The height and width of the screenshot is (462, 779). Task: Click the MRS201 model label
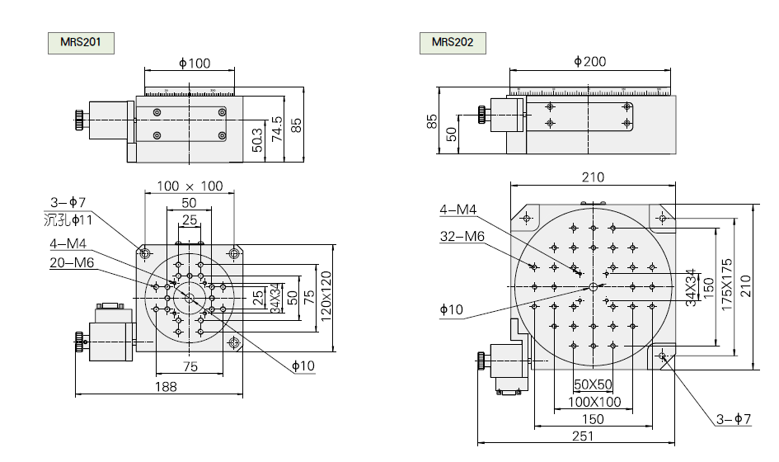(80, 42)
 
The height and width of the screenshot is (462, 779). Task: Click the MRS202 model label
(452, 42)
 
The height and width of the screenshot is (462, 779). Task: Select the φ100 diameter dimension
(195, 64)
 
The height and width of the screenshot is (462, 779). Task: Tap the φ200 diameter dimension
(589, 61)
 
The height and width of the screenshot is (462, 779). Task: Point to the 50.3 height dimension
(257, 139)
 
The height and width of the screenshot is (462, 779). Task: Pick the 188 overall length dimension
(166, 386)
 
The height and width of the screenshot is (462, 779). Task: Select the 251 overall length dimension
(582, 436)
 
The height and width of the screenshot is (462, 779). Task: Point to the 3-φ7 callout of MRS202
(733, 419)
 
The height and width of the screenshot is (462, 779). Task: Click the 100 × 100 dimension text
(190, 186)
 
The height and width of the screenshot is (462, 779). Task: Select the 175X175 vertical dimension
(726, 285)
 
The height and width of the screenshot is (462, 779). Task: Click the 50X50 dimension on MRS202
(593, 384)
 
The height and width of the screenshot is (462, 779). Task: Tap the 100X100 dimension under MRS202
(593, 402)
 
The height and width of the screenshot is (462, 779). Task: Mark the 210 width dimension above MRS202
(593, 177)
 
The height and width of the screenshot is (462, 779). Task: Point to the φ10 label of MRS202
(452, 309)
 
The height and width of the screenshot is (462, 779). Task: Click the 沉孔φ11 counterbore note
(68, 219)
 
